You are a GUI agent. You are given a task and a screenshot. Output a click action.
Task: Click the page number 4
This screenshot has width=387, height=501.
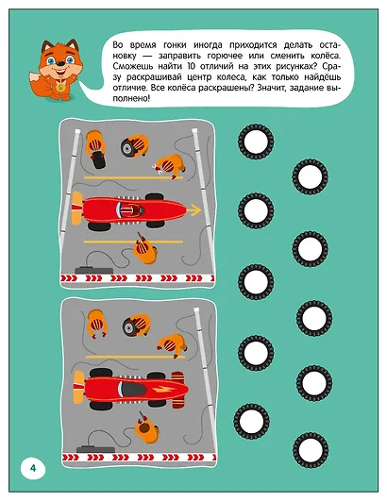[x=33, y=468]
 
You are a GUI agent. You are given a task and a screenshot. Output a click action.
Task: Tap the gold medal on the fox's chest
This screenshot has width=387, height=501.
[x=59, y=85]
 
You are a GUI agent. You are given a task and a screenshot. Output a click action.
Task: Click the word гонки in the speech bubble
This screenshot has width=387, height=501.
[x=175, y=45]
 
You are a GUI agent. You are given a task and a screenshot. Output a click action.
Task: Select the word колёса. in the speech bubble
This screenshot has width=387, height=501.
[x=326, y=56]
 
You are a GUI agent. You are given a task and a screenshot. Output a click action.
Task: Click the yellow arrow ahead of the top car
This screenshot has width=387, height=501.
[x=193, y=210]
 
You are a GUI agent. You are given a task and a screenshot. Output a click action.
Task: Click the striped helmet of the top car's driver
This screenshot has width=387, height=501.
[x=128, y=210]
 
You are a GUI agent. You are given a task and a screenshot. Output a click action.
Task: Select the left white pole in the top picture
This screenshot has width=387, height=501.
[x=69, y=180]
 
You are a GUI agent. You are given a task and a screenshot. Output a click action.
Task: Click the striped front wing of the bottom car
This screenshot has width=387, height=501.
[x=177, y=390]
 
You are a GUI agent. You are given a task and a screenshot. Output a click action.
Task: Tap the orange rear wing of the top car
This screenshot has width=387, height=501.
[x=76, y=208]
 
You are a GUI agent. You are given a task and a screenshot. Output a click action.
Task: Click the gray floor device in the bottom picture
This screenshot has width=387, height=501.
[x=95, y=448]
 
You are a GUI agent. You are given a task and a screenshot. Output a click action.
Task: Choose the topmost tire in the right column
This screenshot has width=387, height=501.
[x=256, y=141]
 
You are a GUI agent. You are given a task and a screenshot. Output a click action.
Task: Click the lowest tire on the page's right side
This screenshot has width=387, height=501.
[x=310, y=450]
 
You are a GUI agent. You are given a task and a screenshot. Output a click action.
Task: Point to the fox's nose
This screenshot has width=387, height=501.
[x=60, y=64]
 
